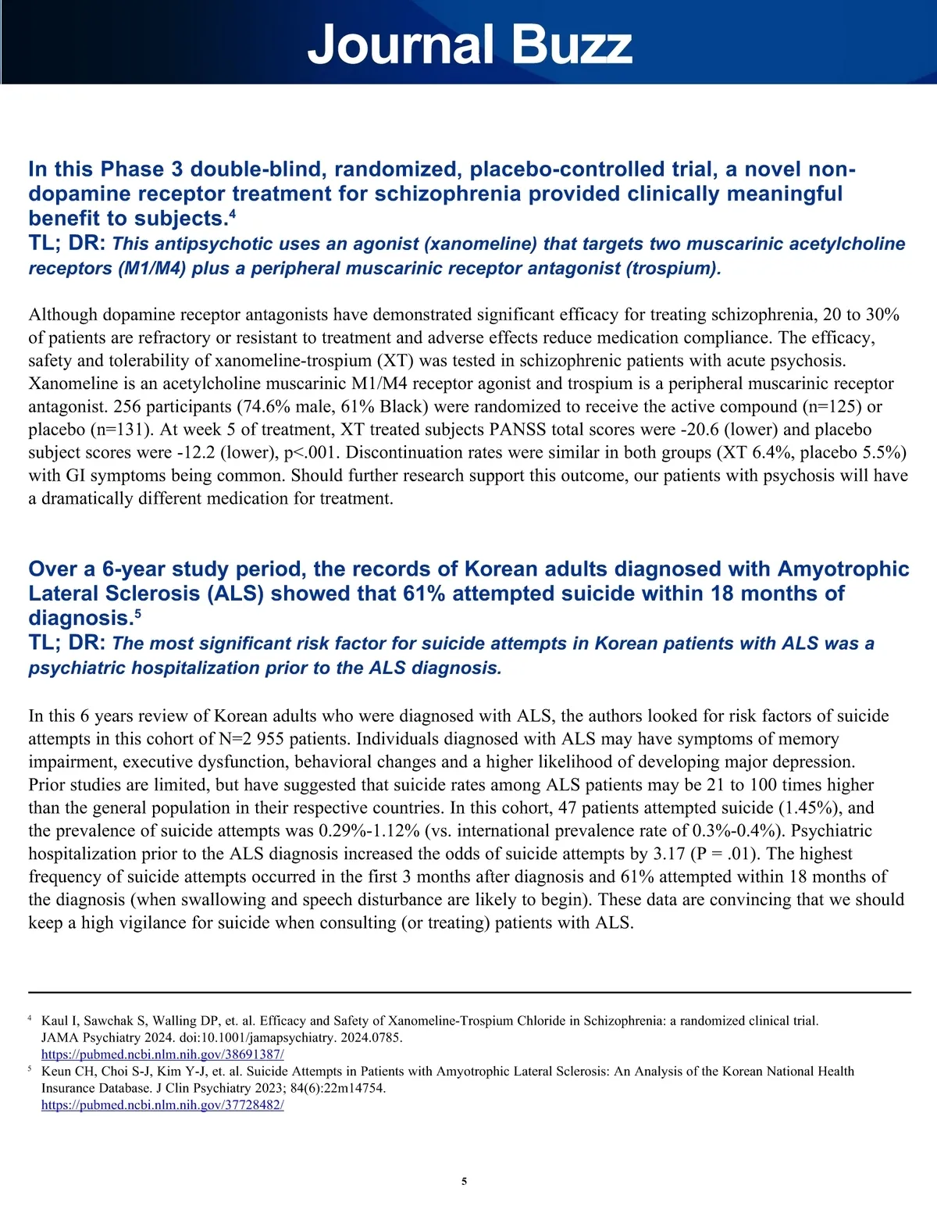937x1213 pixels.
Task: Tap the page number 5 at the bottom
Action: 465,1181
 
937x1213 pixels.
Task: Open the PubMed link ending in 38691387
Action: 162,1054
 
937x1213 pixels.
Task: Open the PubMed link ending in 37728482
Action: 162,1105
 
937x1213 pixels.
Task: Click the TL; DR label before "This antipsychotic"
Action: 66,243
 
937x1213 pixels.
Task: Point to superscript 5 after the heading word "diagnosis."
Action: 137,613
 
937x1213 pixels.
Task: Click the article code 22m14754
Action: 350,1088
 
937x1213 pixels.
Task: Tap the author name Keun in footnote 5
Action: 56,1072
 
